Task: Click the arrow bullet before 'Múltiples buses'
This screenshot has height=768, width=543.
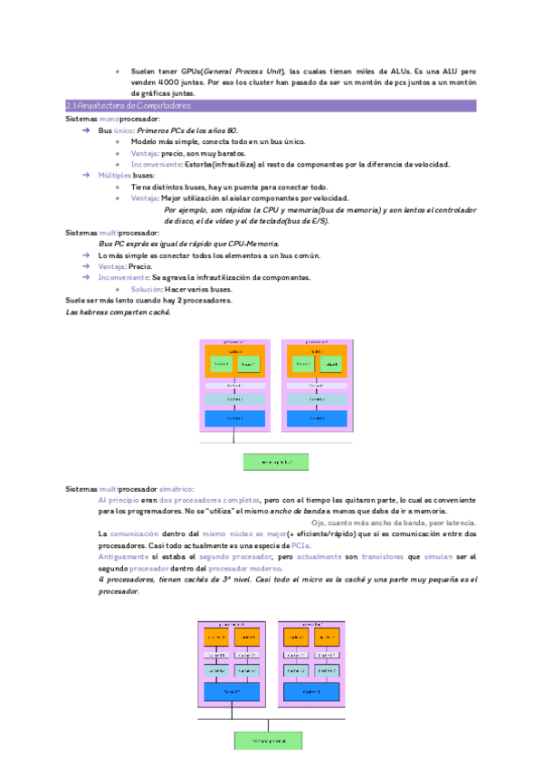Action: tap(85, 176)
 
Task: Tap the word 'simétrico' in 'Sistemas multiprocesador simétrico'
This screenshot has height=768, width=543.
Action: tap(176, 489)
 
